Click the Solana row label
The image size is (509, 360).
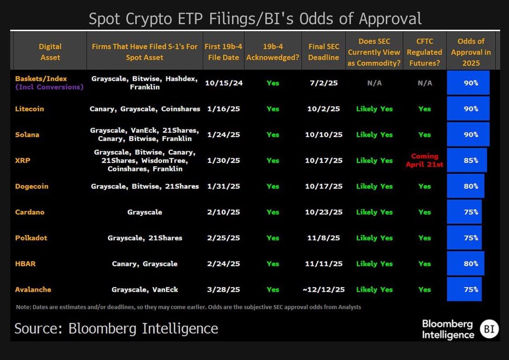click(27, 135)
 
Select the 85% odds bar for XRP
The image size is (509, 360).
click(467, 160)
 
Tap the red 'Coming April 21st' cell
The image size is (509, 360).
click(424, 160)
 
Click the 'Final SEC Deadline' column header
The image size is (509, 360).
click(323, 52)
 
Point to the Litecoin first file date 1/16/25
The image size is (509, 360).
click(222, 109)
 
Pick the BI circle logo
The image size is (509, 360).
click(489, 329)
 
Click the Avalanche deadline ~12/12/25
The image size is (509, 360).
click(323, 289)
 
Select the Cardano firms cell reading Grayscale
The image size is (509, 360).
click(145, 212)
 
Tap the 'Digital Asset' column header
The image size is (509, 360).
click(50, 52)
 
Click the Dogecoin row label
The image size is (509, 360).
click(32, 186)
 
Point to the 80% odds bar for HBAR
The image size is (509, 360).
click(465, 263)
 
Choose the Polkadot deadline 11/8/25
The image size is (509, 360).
click(323, 238)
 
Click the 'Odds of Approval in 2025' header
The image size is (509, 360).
click(470, 52)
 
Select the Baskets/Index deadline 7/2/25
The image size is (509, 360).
click(323, 83)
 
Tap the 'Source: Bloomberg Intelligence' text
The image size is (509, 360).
click(116, 329)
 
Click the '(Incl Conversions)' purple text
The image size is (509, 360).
click(49, 87)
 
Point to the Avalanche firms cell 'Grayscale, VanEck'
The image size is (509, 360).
click(145, 289)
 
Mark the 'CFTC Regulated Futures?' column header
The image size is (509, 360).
click(424, 52)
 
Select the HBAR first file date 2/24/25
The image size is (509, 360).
click(222, 263)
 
